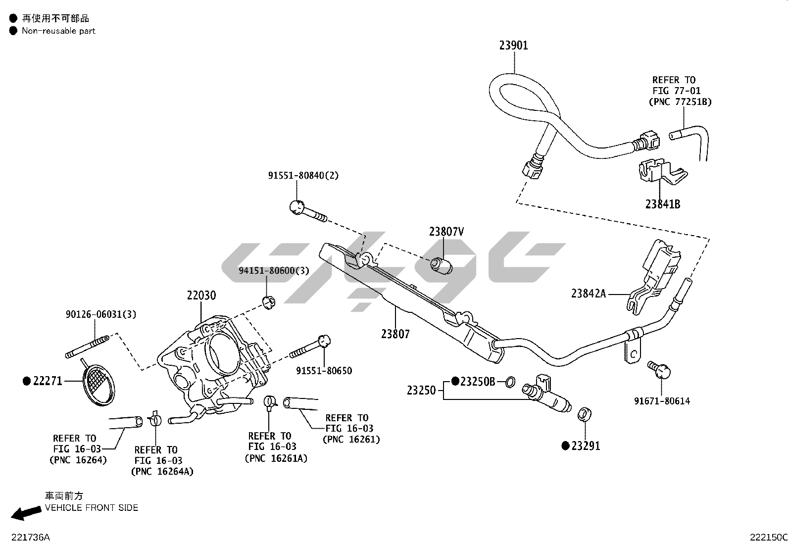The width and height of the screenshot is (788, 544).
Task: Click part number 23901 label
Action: click(513, 46)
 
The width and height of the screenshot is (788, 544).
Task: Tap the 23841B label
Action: click(662, 204)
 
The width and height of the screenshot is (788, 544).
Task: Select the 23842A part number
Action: click(589, 294)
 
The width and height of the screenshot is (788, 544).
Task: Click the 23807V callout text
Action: click(446, 232)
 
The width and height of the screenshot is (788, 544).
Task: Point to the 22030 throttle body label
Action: click(201, 296)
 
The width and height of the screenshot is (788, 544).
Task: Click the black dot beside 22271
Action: click(27, 381)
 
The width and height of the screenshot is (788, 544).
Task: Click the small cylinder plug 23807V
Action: click(442, 265)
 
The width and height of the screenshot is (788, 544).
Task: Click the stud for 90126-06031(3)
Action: click(87, 346)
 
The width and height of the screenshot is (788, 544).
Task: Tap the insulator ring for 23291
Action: click(585, 414)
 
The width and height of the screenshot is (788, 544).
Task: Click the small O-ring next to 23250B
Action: click(509, 382)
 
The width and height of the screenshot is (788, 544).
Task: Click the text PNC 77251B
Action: click(680, 102)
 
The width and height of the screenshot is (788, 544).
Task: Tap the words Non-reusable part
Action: click(58, 31)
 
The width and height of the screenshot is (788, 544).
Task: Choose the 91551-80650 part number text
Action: click(324, 371)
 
